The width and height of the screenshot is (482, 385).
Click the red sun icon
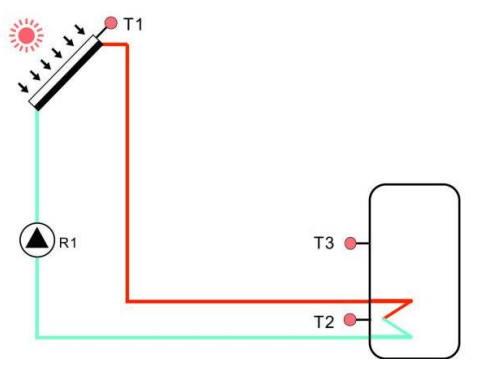click(x=22, y=34)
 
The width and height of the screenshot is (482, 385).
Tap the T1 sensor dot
click(x=110, y=22)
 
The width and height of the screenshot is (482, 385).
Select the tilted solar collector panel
click(x=65, y=73)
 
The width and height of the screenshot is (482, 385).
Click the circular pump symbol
click(x=36, y=240)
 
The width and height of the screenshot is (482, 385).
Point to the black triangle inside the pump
click(x=36, y=240)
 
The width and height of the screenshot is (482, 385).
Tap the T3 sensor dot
click(x=350, y=243)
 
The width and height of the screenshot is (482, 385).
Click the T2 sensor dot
click(x=350, y=320)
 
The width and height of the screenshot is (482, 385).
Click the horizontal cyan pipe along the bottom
click(x=200, y=336)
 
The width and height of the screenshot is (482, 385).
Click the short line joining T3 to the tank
click(x=363, y=243)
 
